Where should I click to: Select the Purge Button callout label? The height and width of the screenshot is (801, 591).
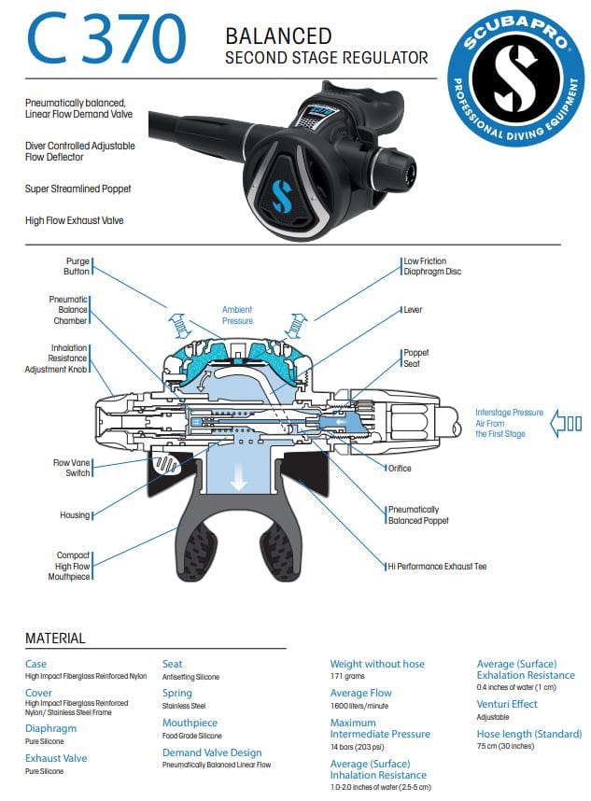[x=77, y=266]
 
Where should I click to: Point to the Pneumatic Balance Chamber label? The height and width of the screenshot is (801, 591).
[x=68, y=310]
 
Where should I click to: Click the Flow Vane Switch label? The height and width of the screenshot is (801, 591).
[x=71, y=467]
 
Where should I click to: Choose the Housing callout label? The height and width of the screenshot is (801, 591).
[x=76, y=515]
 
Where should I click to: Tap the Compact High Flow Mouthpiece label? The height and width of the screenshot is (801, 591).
[x=72, y=566]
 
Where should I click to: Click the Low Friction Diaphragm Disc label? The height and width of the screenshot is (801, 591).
[x=431, y=266]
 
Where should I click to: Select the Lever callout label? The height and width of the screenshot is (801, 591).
[x=412, y=309]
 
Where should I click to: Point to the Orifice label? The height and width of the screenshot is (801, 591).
[x=399, y=468]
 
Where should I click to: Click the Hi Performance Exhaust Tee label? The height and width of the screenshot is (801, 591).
[x=437, y=566]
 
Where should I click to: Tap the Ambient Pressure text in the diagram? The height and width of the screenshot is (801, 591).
[x=237, y=315]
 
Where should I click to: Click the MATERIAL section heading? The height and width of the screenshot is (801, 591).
[x=55, y=639]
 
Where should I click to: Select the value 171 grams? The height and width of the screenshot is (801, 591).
[x=347, y=675]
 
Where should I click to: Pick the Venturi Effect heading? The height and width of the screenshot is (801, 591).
[x=507, y=704]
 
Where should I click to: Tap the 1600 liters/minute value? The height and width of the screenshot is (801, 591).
[x=360, y=706]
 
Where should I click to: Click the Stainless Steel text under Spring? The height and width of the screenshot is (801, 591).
[x=184, y=706]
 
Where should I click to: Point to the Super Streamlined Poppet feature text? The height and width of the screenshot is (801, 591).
[x=77, y=189]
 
